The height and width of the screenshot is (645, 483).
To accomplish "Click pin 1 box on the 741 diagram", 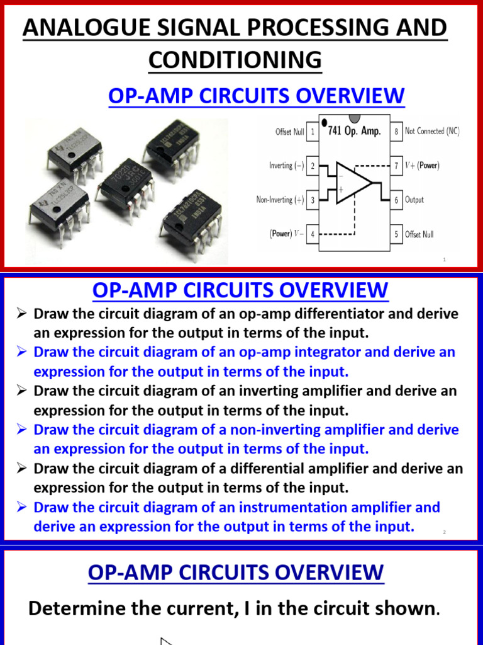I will (x=313, y=132).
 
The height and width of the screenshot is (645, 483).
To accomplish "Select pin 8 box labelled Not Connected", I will (x=396, y=132).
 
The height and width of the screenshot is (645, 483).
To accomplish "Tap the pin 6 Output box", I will (x=396, y=200).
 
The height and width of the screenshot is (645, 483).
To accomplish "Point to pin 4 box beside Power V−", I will (x=313, y=234).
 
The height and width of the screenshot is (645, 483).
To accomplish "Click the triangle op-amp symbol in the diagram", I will (x=353, y=183).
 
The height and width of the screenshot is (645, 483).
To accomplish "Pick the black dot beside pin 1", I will (x=324, y=122).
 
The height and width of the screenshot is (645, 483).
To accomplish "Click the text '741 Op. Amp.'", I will (x=354, y=132).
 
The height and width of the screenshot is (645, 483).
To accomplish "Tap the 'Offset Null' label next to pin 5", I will (x=419, y=234).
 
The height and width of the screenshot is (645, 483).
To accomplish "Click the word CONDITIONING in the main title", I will (x=235, y=60).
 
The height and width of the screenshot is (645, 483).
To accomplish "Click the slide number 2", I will (x=444, y=532).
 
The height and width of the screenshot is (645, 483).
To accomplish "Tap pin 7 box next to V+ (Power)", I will (x=396, y=166).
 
